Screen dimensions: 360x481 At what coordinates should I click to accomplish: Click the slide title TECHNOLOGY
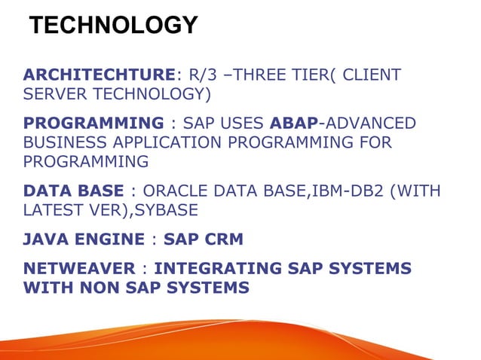coord(113,26)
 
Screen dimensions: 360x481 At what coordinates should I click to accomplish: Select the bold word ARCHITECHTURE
coord(99,75)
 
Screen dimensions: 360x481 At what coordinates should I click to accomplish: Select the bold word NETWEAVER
coord(76,269)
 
